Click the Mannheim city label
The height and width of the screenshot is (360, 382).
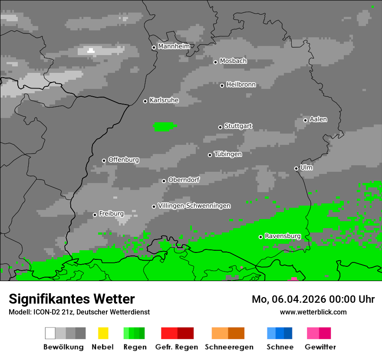pos(174,46)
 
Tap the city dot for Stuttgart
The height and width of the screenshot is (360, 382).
pos(221,127)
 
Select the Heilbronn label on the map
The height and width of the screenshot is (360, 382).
pos(241,85)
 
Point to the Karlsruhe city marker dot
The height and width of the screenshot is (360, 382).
pos(145,101)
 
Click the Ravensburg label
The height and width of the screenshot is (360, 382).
pos(283,236)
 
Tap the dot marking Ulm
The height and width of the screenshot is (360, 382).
pos(296,168)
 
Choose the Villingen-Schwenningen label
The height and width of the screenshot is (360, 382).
pos(194,206)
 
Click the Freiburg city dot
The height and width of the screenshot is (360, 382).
pos(95,215)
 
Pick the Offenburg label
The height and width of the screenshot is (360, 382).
pos(124,160)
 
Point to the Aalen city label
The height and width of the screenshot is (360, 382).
pos(318,119)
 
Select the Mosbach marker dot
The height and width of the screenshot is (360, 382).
pos(215,62)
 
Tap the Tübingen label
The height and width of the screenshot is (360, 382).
pos(228,154)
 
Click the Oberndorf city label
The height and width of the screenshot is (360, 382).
pos(184,180)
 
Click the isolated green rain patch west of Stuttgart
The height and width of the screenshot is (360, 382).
pos(165,127)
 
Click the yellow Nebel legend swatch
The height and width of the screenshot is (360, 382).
pos(103,333)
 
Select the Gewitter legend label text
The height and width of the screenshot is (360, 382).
pos(320,347)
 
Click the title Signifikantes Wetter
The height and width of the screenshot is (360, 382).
pos(72,299)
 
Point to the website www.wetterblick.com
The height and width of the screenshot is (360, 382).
pos(313,312)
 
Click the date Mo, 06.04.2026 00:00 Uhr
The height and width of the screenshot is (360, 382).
pos(313,299)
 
